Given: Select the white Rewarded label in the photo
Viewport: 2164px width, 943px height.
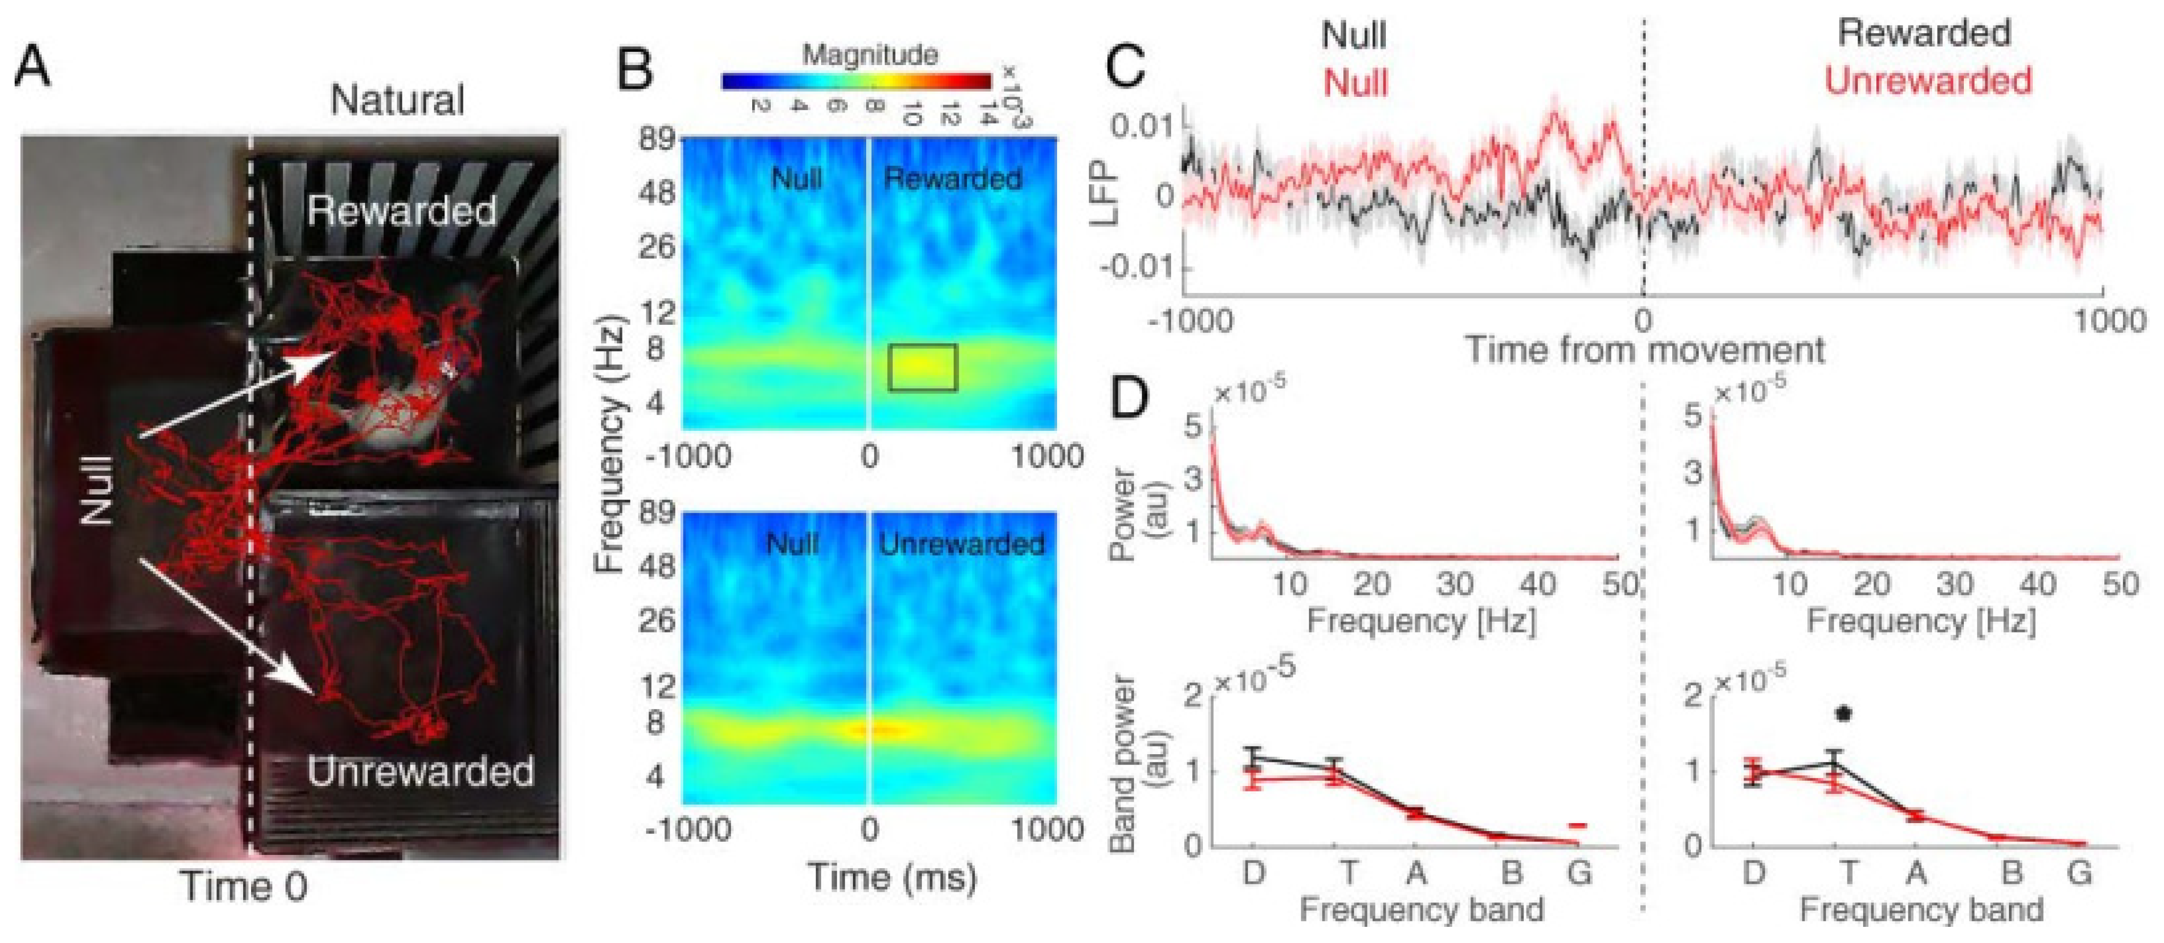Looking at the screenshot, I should pyautogui.click(x=402, y=210).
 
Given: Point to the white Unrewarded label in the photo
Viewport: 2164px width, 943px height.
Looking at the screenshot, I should pyautogui.click(x=420, y=771).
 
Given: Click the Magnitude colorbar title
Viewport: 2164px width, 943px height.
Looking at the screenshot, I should pyautogui.click(x=870, y=55).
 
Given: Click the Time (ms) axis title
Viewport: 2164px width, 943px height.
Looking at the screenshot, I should pyautogui.click(x=892, y=876).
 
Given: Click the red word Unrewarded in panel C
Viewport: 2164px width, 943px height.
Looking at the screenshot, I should pyautogui.click(x=1928, y=81).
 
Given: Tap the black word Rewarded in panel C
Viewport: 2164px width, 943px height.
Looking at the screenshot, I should pyautogui.click(x=1924, y=34).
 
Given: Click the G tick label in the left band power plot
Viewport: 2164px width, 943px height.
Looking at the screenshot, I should pyautogui.click(x=1579, y=874).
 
